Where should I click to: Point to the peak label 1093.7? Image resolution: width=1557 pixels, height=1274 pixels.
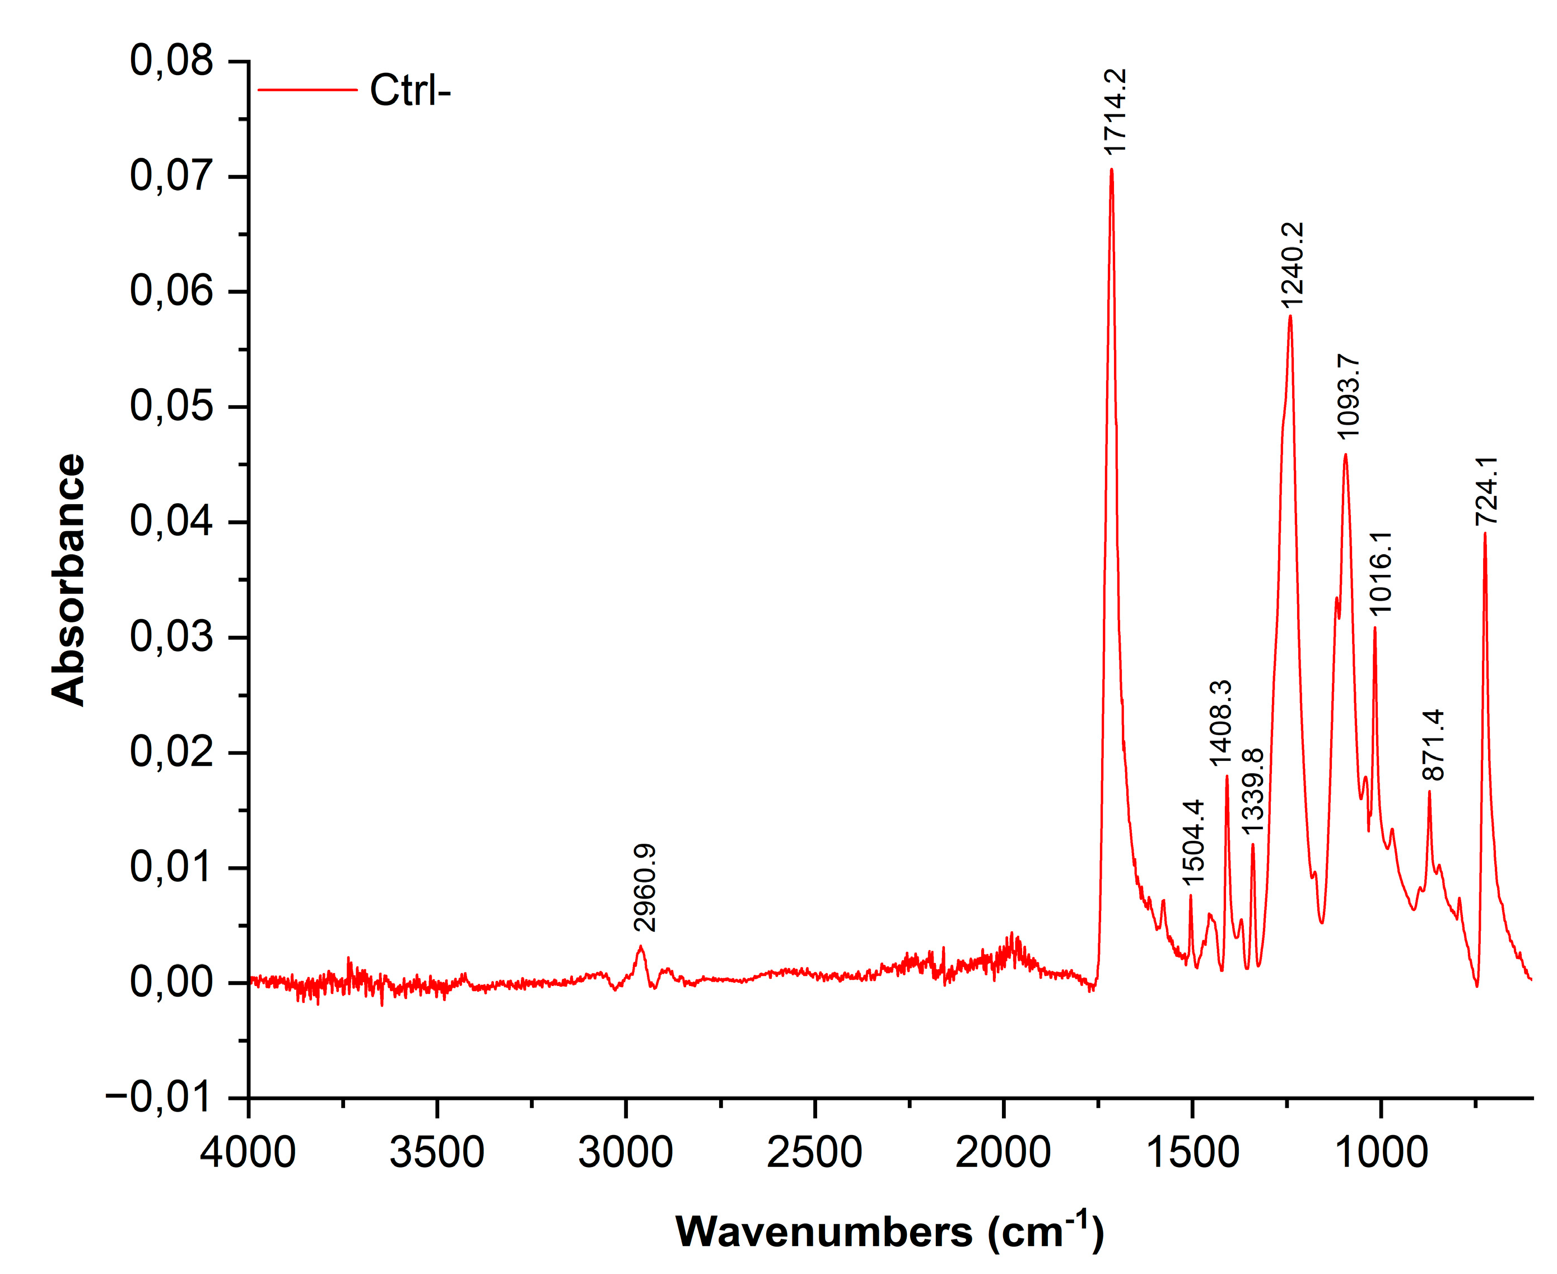tap(1349, 396)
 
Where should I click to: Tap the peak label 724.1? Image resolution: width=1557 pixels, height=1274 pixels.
tap(1488, 490)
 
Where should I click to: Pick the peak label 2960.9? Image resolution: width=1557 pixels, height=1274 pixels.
tap(645, 888)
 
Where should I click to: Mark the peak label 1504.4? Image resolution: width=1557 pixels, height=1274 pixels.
tap(1194, 841)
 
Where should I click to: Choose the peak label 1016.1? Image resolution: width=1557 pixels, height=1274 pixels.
tap(1380, 573)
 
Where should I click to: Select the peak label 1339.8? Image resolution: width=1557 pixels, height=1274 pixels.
tap(1252, 792)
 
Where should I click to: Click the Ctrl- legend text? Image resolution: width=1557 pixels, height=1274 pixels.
tap(409, 91)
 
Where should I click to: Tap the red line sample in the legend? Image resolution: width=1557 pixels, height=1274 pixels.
tap(307, 90)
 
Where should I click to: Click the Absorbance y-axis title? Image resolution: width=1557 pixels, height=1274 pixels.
tap(69, 580)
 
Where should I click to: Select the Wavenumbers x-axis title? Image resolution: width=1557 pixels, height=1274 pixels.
tap(889, 1231)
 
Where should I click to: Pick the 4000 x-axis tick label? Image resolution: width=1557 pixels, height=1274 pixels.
tap(248, 1152)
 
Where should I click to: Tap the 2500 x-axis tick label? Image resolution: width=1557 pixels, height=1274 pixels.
tap(814, 1152)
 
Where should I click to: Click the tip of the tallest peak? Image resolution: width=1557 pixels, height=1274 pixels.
tap(1112, 170)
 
